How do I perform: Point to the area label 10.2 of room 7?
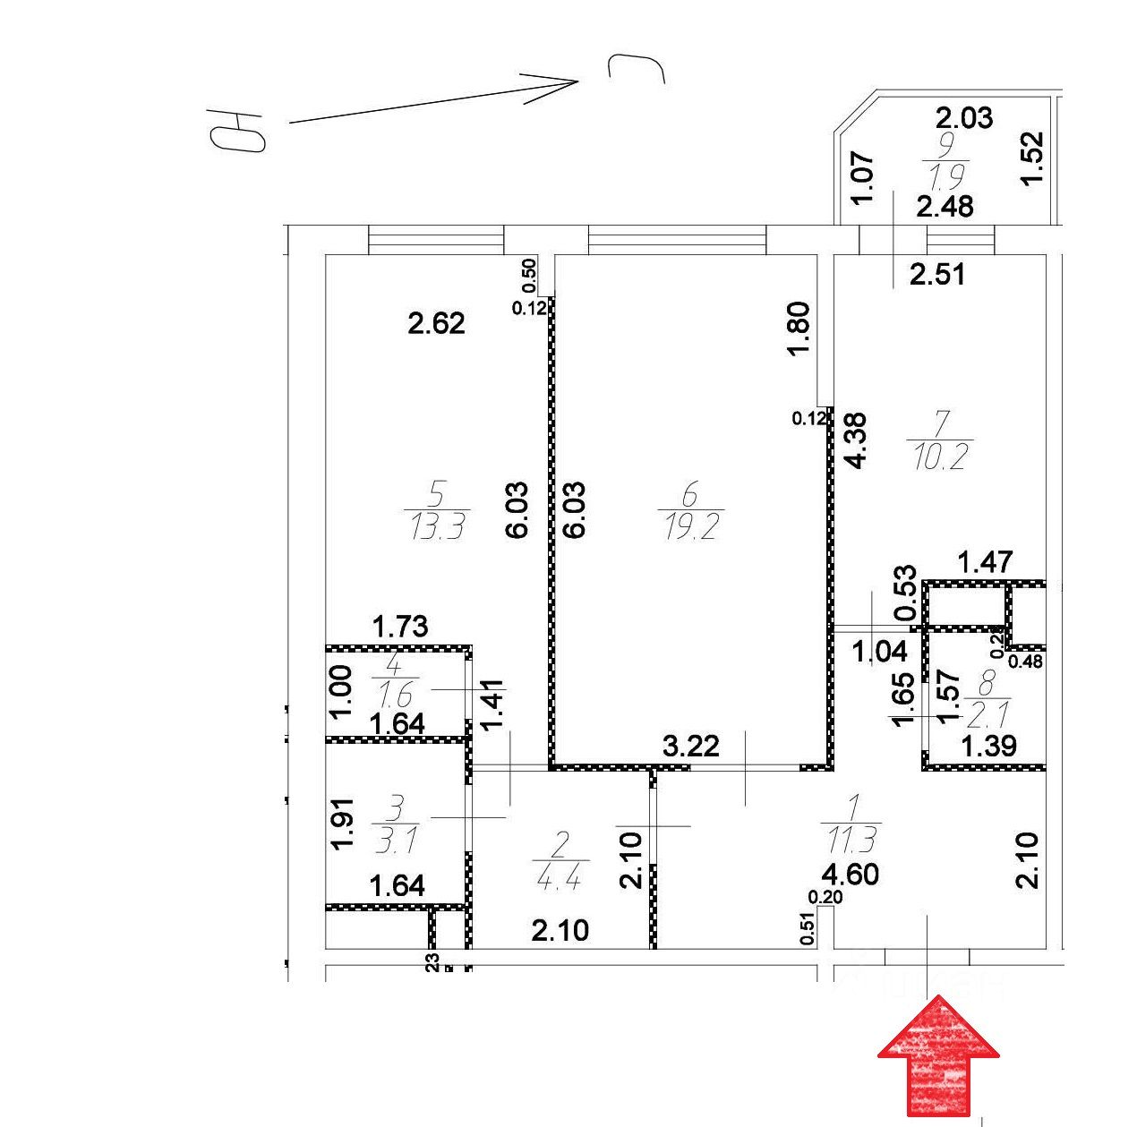pos(939,458)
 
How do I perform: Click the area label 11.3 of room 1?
pos(851,841)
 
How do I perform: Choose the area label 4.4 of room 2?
pos(559,878)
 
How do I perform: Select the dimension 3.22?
pos(690,745)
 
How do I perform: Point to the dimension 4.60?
pos(851,874)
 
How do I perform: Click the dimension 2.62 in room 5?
pos(436,323)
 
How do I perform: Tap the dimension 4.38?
pos(857,440)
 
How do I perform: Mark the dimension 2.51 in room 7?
pos(937,274)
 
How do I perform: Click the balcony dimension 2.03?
pos(963,117)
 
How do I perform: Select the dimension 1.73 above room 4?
pos(401,627)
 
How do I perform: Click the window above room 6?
pos(677,240)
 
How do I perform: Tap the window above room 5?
pos(436,240)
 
